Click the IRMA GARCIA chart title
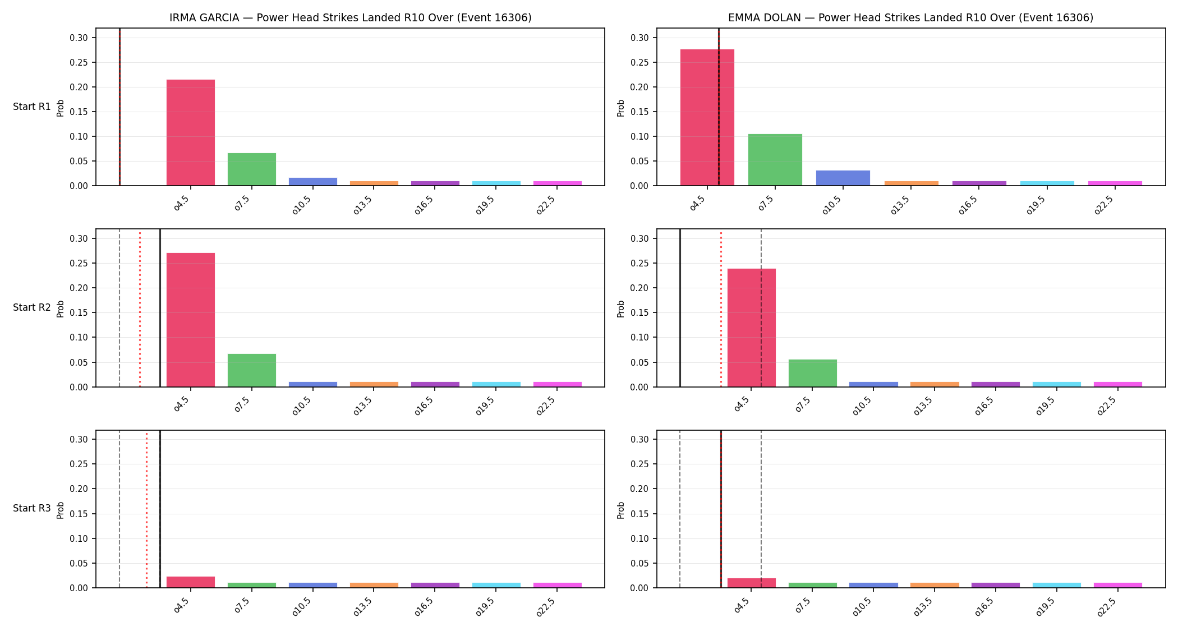click(351, 17)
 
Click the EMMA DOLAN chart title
click(910, 17)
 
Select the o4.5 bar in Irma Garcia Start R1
click(191, 132)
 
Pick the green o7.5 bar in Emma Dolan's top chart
click(775, 160)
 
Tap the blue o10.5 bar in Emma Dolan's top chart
click(843, 178)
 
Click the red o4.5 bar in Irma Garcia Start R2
click(191, 320)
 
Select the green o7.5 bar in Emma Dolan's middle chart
click(813, 373)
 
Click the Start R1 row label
click(32, 107)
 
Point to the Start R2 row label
click(32, 307)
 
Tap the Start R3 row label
click(32, 508)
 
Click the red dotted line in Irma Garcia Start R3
click(146, 509)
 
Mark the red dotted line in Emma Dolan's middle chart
click(721, 308)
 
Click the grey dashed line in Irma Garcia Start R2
click(119, 308)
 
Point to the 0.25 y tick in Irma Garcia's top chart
click(79, 62)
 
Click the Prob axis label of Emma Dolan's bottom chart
click(621, 510)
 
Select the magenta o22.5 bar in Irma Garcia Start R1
click(558, 183)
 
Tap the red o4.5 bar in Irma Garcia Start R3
click(191, 582)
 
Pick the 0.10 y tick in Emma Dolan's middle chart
click(640, 337)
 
